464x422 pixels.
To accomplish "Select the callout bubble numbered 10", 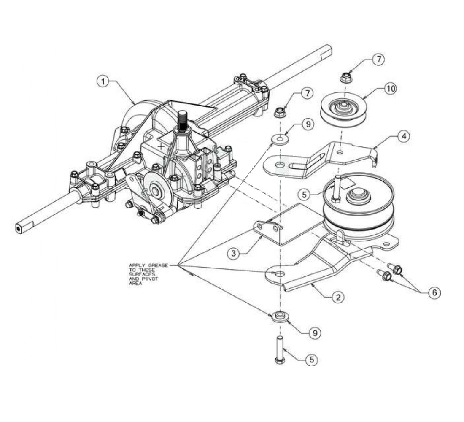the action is click(x=391, y=88).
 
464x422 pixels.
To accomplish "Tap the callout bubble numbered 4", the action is click(x=404, y=137).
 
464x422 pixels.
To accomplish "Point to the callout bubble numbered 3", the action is click(x=234, y=254).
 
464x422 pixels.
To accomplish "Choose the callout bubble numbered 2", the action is click(x=338, y=297).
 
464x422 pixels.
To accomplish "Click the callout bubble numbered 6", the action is click(x=434, y=292).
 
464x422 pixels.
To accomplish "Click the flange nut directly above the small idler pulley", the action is click(x=345, y=78).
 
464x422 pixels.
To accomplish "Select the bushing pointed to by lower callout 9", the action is click(x=279, y=316).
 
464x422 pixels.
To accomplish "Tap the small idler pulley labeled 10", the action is click(x=344, y=109).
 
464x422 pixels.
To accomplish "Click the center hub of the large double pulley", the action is click(x=359, y=196).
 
